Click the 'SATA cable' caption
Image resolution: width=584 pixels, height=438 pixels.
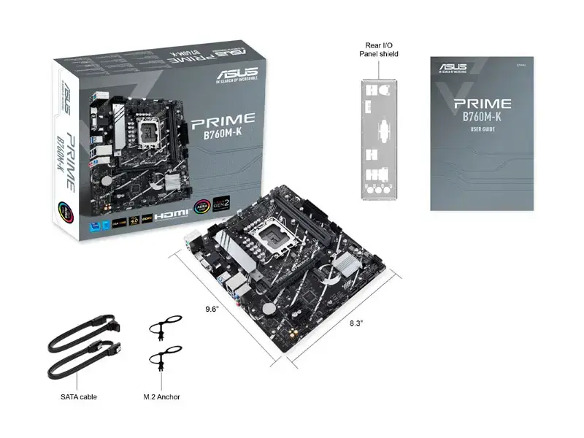coord(79,396)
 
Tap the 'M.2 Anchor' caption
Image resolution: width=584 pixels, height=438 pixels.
coord(162,396)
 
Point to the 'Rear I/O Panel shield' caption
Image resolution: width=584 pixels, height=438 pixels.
coord(379,49)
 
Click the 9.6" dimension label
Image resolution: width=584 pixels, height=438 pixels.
coord(212,309)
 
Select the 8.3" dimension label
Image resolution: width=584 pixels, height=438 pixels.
coord(356,322)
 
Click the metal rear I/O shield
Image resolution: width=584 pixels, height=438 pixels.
coord(378,138)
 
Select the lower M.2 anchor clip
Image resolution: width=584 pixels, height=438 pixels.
coord(163,362)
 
